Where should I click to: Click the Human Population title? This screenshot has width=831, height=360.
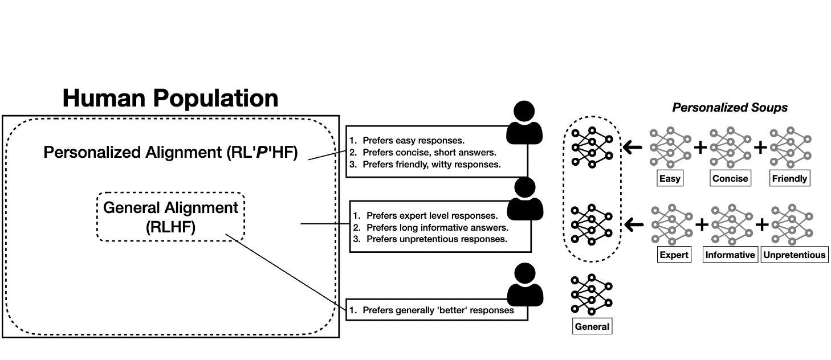tap(170, 98)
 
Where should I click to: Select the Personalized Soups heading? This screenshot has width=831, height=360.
tap(730, 108)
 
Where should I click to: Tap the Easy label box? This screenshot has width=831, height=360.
tap(670, 178)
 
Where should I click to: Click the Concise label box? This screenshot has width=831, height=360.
tap(730, 178)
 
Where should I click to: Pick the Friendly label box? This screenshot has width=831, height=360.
tap(789, 178)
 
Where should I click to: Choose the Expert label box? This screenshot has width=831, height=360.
tap(674, 255)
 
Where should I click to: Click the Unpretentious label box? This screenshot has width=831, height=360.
tap(794, 255)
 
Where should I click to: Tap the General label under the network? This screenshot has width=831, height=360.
tap(592, 327)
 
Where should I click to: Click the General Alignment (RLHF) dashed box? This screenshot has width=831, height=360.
tap(170, 216)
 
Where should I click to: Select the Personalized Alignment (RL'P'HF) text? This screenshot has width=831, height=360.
tap(170, 153)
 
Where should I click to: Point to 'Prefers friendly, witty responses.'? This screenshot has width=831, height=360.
tap(425, 165)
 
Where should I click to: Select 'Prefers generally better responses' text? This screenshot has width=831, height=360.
tap(431, 310)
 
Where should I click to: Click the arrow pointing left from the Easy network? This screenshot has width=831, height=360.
tap(632, 148)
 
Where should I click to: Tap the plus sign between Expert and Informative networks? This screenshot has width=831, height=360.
tap(702, 225)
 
